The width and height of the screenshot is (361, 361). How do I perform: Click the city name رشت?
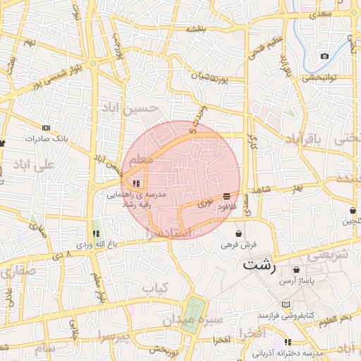coord(258,266)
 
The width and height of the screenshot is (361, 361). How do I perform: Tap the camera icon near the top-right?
coord(324,56)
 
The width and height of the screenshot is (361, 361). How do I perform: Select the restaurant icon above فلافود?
coord(226,197)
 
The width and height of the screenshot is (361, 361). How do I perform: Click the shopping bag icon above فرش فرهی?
coord(239,233)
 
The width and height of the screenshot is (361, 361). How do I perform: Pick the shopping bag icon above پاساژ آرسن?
coord(295,269)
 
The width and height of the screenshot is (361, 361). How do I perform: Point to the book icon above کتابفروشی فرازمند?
coord(285,305)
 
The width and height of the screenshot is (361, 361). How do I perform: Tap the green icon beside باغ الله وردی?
coord(96,233)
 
